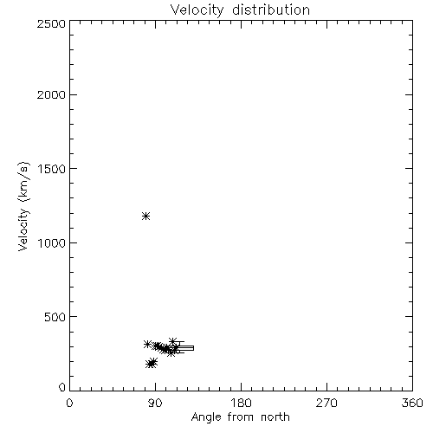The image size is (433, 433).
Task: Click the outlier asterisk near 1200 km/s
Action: point(145,216)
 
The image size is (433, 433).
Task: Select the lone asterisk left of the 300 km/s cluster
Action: point(147,344)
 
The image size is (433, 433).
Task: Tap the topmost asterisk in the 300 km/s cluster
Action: point(172,341)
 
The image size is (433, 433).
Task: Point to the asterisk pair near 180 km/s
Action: point(152,363)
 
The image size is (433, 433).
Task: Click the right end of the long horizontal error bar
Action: point(193,348)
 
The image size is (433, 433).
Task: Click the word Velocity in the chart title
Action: point(197,10)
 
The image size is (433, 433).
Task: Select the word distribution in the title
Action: point(271,10)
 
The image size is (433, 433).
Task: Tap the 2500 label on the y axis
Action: point(51,23)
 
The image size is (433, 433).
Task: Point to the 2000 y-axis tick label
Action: point(51,94)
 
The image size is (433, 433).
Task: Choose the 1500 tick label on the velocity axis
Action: point(52,169)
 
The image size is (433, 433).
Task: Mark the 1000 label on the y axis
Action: point(52,242)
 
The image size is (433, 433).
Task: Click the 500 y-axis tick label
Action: point(55,317)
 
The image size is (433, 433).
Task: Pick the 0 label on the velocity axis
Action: point(62,387)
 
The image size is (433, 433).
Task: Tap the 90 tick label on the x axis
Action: point(155,403)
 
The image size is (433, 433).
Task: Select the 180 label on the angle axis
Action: point(241,403)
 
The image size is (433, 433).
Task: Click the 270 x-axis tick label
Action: point(326,403)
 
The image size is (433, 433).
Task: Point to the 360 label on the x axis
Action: point(412,403)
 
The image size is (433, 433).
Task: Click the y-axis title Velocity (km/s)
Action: point(23,206)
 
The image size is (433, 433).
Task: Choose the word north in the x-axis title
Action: point(275,417)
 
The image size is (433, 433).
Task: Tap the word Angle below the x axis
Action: point(206,418)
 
